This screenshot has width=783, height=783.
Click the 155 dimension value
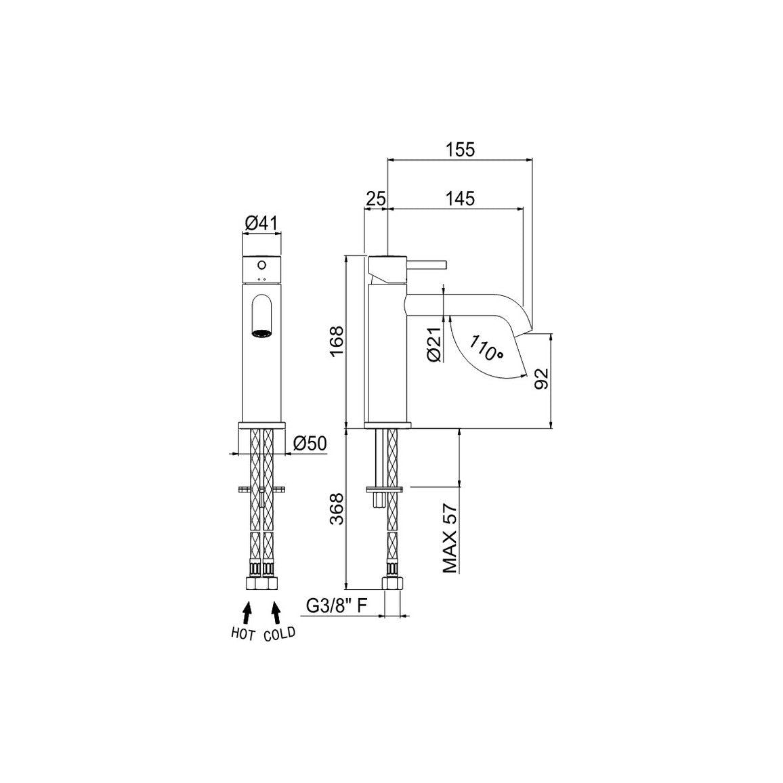tap(460, 149)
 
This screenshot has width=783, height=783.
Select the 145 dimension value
tap(460, 198)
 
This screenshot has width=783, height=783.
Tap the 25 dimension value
tap(376, 198)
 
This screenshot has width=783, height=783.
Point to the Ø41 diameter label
tap(261, 224)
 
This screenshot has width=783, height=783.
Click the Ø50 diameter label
tap(310, 443)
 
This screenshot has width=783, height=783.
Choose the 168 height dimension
tap(337, 341)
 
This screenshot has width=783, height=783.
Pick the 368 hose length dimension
tap(337, 509)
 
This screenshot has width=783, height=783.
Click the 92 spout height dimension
tap(541, 379)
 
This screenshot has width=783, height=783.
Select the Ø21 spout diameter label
tap(434, 345)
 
